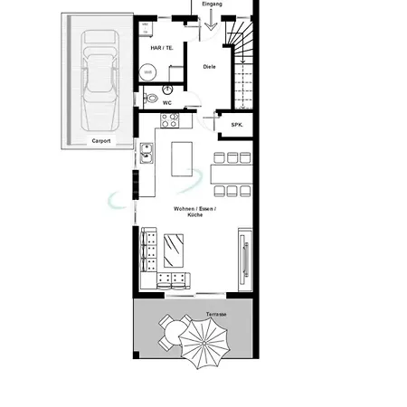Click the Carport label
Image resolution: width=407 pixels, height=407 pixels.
pyautogui.click(x=101, y=141)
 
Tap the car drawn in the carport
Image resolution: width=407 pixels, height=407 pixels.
pyautogui.click(x=99, y=80)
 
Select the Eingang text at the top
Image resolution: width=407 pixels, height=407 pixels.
pyautogui.click(x=212, y=4)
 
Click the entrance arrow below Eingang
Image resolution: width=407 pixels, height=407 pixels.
pyautogui.click(x=211, y=20)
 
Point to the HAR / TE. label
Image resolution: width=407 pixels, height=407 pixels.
pyautogui.click(x=162, y=48)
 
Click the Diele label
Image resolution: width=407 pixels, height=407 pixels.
pyautogui.click(x=209, y=67)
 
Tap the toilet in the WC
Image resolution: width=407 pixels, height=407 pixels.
pyautogui.click(x=151, y=98)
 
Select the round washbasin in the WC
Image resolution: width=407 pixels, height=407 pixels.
pyautogui.click(x=167, y=90)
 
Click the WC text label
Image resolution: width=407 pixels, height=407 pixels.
pyautogui.click(x=167, y=103)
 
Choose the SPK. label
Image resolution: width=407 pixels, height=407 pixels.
pyautogui.click(x=237, y=125)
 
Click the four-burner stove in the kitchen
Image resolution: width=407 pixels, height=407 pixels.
pyautogui.click(x=170, y=120)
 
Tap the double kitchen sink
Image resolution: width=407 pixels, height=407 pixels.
pyautogui.click(x=147, y=153)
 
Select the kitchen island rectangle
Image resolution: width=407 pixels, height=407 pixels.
pyautogui.click(x=182, y=159)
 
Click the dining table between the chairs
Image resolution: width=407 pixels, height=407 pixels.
pyautogui.click(x=232, y=175)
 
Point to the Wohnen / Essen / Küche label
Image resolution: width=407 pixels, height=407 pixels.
pyautogui.click(x=194, y=212)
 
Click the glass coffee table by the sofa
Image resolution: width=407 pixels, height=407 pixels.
pyautogui.click(x=174, y=251)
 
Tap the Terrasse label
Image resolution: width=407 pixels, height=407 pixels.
pyautogui.click(x=216, y=314)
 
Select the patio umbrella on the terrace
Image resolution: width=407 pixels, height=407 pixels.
pyautogui.click(x=204, y=343)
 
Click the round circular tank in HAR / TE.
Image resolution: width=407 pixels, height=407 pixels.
pyautogui.click(x=147, y=72)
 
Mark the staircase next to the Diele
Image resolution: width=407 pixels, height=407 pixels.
pyautogui.click(x=241, y=64)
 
